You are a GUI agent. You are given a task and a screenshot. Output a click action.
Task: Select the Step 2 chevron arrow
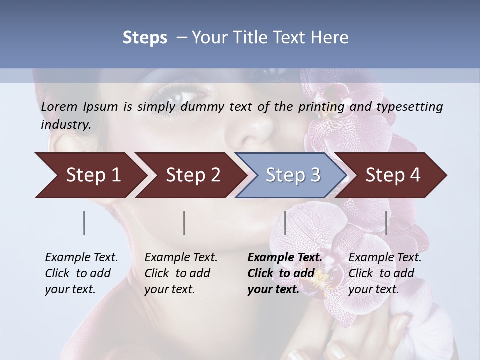(192, 175)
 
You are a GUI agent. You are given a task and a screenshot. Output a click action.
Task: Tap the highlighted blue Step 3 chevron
(292, 175)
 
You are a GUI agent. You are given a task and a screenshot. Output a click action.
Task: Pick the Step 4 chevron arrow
(392, 175)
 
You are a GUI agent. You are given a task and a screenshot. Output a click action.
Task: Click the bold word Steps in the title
(145, 38)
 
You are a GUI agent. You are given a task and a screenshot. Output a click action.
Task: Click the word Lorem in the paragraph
(59, 107)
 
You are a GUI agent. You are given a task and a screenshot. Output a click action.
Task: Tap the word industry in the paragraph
(65, 125)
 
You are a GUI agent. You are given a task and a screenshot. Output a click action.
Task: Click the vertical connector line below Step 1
(84, 223)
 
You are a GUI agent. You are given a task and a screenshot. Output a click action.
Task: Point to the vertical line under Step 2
(184, 223)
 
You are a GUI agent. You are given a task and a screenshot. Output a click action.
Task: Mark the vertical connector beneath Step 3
(285, 223)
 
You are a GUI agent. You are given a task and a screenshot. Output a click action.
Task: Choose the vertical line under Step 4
(386, 223)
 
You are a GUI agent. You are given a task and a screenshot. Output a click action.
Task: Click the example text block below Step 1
(81, 273)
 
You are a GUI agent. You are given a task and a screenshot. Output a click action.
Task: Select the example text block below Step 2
(181, 273)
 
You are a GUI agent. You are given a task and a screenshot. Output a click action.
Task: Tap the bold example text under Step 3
(285, 273)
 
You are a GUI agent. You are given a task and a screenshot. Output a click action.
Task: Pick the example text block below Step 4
(385, 273)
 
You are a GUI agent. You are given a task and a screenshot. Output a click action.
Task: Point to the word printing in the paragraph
(321, 107)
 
